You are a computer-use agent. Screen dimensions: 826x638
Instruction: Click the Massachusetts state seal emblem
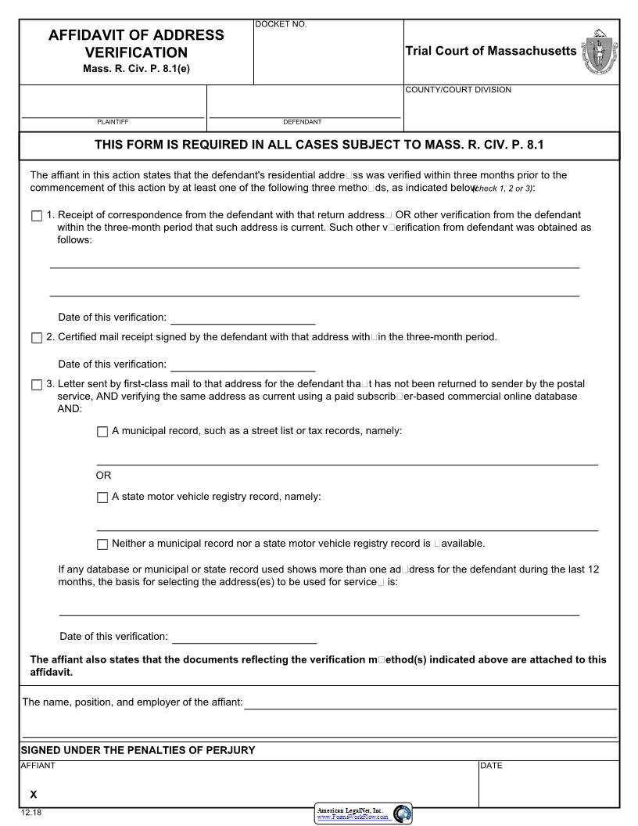599,52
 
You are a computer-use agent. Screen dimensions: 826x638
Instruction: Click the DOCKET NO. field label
281,24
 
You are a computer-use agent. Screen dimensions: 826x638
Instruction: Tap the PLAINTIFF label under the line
113,122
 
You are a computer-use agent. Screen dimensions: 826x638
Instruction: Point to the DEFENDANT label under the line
302,122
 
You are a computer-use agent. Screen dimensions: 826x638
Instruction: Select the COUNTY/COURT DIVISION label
458,90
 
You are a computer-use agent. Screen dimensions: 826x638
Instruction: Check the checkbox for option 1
37,216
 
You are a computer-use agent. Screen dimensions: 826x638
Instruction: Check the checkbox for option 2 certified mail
37,338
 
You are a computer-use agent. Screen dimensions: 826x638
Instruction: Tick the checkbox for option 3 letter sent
37,385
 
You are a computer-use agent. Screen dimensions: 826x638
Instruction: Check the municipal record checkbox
102,432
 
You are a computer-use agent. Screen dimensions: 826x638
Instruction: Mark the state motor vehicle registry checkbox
102,497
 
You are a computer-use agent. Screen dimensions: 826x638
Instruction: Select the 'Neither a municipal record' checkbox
102,544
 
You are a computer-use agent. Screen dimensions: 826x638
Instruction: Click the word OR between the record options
103,476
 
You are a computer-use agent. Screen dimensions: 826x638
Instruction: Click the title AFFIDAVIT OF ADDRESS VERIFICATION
136,44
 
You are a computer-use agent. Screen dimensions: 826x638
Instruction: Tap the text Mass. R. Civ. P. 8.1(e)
136,69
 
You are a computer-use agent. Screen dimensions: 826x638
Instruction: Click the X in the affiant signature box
33,794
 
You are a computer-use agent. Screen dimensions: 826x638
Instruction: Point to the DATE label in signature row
491,766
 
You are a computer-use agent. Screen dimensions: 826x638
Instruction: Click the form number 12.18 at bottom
31,813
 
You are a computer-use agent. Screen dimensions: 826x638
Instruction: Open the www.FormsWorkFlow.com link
352,817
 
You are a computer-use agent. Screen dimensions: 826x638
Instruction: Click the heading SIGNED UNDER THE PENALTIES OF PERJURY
138,750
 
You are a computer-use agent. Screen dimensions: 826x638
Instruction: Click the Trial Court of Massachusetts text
490,51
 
